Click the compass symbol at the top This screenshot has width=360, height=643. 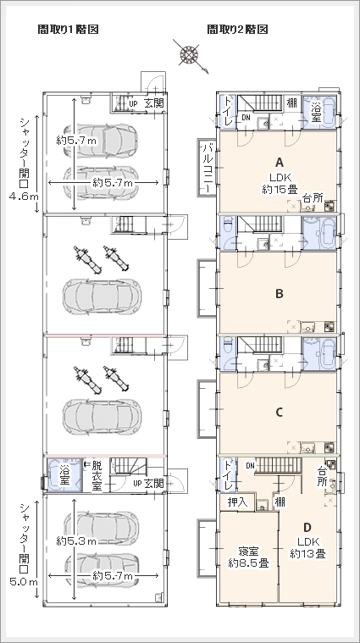click(x=190, y=54)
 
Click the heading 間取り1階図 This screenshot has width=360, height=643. click(x=68, y=30)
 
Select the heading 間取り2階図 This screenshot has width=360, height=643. click(x=237, y=30)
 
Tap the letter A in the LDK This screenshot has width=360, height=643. click(x=280, y=163)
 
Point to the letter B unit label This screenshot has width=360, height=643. click(x=280, y=294)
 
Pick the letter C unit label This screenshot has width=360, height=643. click(x=280, y=412)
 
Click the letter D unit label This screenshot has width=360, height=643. click(x=307, y=527)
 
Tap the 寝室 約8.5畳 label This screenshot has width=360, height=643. click(x=248, y=557)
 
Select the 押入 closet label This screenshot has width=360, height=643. click(x=238, y=502)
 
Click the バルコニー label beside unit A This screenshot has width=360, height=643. click(x=207, y=168)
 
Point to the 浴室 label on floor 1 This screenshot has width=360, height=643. click(x=65, y=474)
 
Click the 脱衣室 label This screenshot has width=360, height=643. click(x=97, y=476)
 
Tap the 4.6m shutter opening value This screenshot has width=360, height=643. click(x=25, y=197)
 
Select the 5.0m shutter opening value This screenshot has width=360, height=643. click(x=25, y=581)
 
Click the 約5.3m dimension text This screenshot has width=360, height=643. click(x=76, y=541)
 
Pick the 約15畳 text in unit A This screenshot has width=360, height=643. click(x=280, y=189)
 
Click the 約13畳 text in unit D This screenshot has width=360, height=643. click(x=308, y=554)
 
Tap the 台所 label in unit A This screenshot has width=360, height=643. click(x=313, y=198)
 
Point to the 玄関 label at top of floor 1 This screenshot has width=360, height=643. click(x=154, y=103)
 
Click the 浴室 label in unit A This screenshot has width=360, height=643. click(x=316, y=112)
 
